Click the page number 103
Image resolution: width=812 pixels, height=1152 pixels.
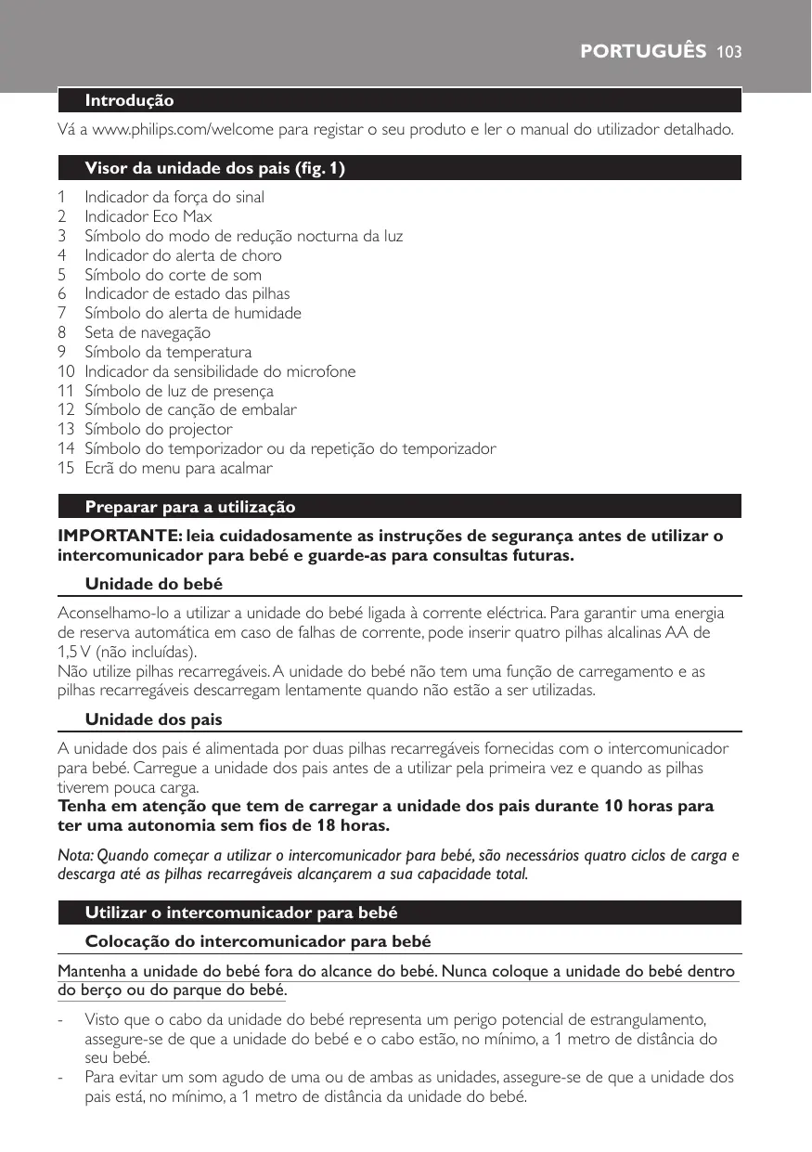pos(728,51)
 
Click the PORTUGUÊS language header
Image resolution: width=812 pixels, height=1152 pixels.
pos(643,51)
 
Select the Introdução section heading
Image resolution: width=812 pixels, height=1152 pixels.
pos(129,100)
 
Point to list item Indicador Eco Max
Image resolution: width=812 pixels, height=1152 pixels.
pos(148,216)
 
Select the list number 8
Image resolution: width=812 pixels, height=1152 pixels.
pos(61,332)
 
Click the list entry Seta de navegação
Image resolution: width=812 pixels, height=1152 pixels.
pos(148,332)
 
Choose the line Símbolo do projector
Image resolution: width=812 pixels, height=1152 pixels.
pos(159,429)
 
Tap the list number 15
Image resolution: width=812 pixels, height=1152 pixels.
pos(65,468)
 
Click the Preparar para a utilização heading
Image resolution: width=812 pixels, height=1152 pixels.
pos(190,507)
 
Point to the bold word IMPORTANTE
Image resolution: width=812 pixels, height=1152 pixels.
pos(119,537)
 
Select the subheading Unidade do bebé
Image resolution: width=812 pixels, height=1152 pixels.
pos(153,584)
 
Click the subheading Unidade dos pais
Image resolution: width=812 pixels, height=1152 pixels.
pos(153,719)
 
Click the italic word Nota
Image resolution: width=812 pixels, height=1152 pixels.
pos(73,855)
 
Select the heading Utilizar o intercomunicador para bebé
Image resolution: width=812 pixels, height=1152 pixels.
pos(241,913)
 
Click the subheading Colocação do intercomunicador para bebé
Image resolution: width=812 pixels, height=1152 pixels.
pos(258,941)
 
